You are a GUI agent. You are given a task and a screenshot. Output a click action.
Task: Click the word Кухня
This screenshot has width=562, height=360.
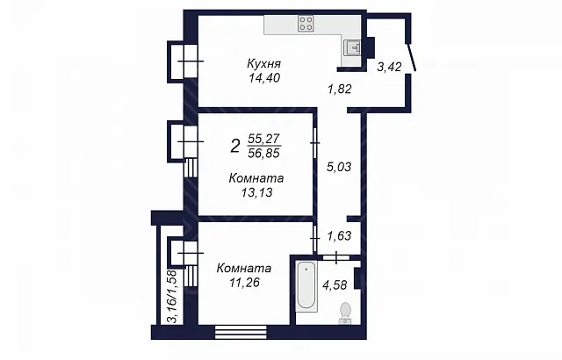(263, 64)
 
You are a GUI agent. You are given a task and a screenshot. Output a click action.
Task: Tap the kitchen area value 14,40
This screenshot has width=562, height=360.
(264, 78)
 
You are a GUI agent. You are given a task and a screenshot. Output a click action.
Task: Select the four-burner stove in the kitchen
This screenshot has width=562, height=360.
(306, 24)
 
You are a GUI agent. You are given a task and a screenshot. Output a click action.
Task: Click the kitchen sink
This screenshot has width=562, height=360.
(352, 47)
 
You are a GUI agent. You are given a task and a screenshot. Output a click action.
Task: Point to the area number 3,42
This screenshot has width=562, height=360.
(389, 67)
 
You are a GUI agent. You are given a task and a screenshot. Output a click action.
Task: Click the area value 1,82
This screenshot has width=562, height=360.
(340, 89)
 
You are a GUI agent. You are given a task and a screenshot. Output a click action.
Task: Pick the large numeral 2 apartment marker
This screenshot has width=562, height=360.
(234, 146)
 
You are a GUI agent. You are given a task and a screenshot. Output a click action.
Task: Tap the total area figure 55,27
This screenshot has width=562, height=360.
(263, 139)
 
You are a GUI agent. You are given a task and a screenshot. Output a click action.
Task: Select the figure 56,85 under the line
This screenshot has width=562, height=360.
(263, 154)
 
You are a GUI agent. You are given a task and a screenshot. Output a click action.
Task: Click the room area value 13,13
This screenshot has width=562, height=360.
(257, 192)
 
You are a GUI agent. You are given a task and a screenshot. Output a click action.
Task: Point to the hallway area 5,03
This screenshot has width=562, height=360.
(339, 167)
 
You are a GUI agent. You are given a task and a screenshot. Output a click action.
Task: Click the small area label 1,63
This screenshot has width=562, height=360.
(339, 236)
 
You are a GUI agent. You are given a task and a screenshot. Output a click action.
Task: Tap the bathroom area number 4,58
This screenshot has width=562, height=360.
(335, 285)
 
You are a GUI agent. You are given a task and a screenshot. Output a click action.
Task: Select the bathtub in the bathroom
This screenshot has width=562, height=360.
(306, 286)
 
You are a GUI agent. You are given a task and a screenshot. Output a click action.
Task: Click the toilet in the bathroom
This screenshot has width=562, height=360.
(345, 313)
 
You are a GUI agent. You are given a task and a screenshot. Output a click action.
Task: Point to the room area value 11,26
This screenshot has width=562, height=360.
(244, 283)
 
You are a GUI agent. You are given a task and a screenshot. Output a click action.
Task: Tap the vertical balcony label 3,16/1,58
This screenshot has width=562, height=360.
(173, 297)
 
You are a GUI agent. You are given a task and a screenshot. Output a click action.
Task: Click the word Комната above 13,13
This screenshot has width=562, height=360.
(256, 178)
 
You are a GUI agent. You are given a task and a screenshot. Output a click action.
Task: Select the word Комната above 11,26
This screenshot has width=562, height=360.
(244, 268)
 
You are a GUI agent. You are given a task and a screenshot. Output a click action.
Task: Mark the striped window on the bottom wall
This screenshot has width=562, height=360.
(241, 332)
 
